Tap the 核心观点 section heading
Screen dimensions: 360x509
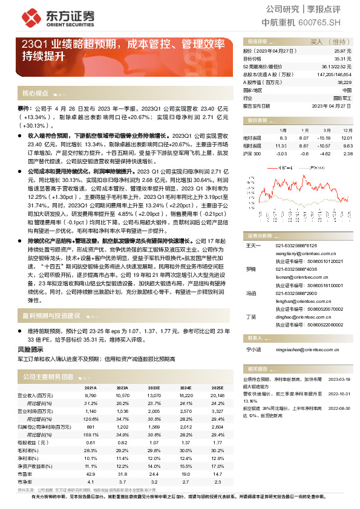35,93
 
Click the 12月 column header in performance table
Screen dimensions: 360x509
347,130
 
